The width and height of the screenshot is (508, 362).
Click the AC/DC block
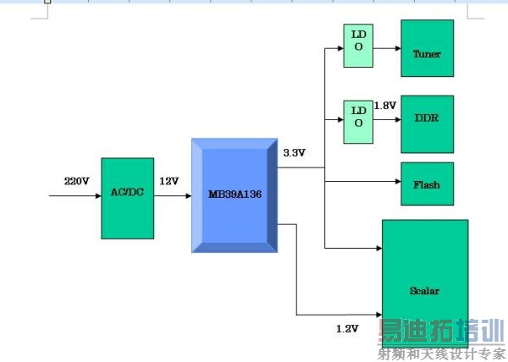click(127, 198)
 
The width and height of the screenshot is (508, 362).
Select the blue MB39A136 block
click(235, 195)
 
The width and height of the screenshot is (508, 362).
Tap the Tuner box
click(427, 48)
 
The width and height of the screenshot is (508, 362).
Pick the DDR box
click(427, 124)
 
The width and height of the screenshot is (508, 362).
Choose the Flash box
click(427, 184)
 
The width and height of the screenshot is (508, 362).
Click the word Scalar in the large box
click(424, 291)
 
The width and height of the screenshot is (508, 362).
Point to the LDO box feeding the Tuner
click(358, 46)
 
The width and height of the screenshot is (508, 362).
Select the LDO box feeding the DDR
click(358, 122)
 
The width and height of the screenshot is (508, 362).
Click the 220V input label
click(76, 181)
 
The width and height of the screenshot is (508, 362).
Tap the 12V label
click(168, 181)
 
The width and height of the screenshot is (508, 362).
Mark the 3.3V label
click(294, 153)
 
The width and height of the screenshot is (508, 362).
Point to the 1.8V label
click(385, 106)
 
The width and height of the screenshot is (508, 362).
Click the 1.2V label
click(347, 329)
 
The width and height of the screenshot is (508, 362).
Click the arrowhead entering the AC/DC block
click(98, 195)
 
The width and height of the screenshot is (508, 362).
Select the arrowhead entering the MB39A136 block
click(189, 195)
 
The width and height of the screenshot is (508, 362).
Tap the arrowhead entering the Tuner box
click(398, 48)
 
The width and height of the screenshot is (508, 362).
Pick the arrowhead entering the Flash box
click(398, 182)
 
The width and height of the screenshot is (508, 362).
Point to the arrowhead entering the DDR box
click(398, 120)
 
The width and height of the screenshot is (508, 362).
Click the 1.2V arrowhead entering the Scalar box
click(379, 315)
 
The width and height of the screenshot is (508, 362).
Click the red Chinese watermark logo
click(440, 331)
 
